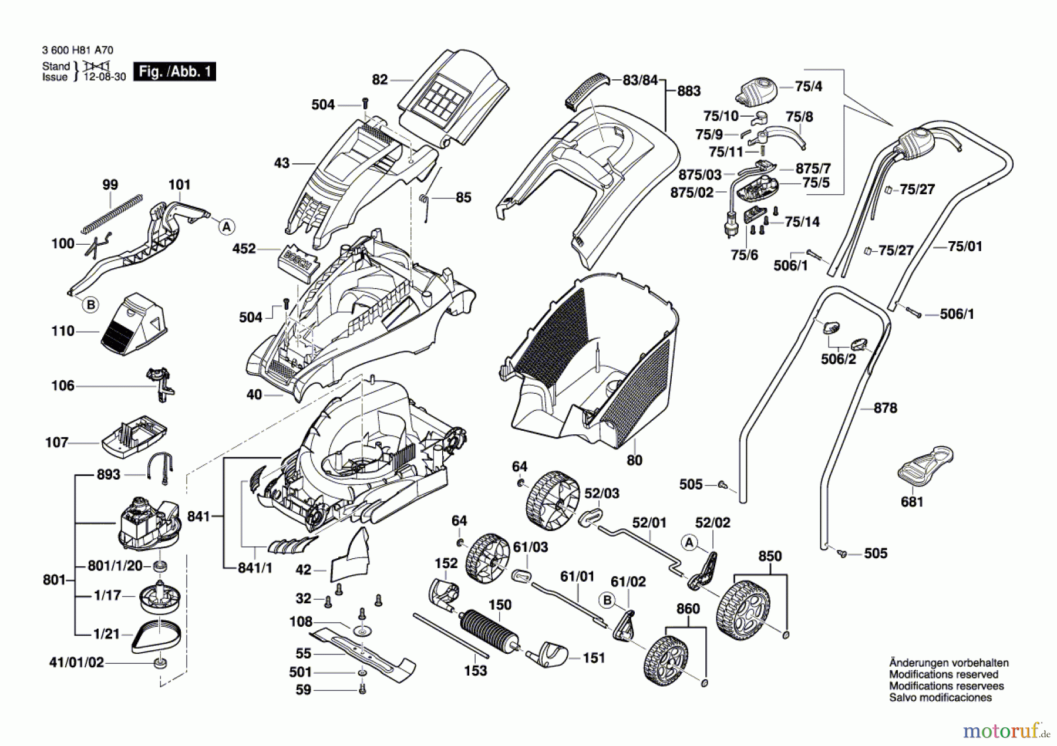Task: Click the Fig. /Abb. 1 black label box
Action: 174,72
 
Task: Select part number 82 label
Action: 380,79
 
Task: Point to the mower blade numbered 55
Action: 362,652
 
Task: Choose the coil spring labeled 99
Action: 112,213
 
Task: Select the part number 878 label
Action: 885,408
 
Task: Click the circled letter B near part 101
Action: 90,305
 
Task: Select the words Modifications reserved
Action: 943,674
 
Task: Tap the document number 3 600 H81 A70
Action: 78,50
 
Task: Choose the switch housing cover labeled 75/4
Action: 758,91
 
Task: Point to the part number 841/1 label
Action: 255,568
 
